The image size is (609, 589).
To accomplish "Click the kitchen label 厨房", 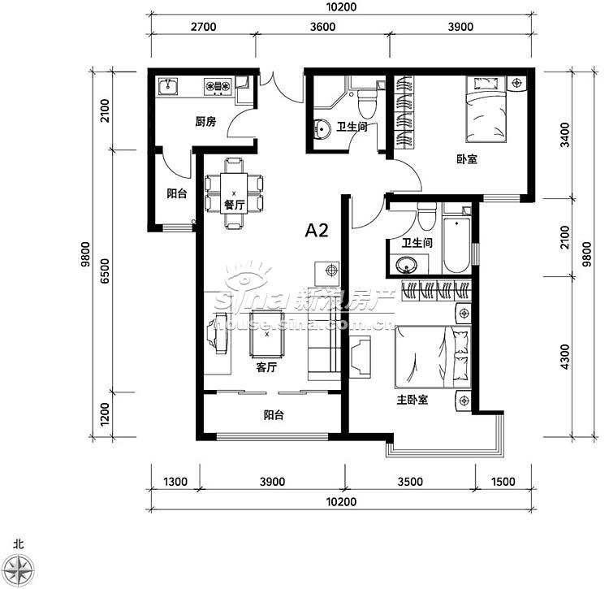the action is [205, 122].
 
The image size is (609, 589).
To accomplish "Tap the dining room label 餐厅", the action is [234, 205].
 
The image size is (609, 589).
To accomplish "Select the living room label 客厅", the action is [266, 366].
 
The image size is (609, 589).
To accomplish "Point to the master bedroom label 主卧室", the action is [412, 400].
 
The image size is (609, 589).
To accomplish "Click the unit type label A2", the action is [317, 231].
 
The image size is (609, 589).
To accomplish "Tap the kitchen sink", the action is [168, 86].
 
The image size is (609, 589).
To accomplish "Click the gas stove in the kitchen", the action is [218, 86].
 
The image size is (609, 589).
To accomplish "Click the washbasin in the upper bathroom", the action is [322, 128].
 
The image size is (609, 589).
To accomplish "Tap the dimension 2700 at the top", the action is [204, 27].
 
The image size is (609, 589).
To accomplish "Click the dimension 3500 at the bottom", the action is [410, 482].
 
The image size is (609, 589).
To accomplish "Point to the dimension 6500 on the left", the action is [105, 271].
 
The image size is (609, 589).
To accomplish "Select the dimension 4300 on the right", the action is [564, 357].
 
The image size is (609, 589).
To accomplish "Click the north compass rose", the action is [20, 570].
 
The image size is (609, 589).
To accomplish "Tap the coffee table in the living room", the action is [267, 334].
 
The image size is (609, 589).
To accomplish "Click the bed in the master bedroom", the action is [433, 357].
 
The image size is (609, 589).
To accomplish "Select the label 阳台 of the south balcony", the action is [274, 415].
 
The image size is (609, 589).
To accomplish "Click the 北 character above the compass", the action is [18, 544].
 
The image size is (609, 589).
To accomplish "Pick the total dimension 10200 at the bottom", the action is [341, 501].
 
